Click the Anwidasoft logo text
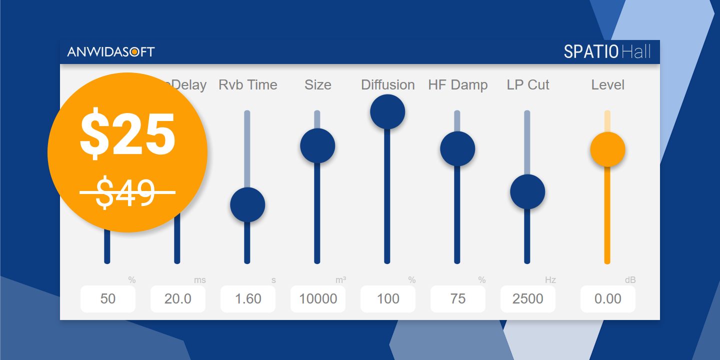click(111, 51)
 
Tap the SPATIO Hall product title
click(607, 51)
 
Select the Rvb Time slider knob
click(247, 204)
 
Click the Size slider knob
click(317, 145)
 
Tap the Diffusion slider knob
click(387, 111)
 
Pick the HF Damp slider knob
click(457, 148)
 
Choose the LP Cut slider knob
click(527, 191)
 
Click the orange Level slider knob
click(607, 149)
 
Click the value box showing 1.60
click(248, 299)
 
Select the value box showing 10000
click(318, 299)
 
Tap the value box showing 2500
click(528, 299)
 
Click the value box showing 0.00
click(608, 299)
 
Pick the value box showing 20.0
click(178, 299)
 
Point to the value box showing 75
click(458, 299)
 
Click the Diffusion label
click(388, 85)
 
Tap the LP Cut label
click(528, 85)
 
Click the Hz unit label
click(550, 280)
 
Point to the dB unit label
click(630, 280)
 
